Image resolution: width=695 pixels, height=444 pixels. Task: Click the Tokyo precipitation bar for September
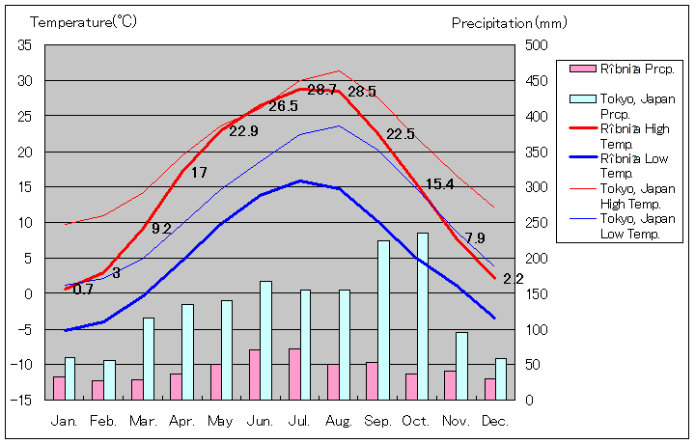(x=383, y=319)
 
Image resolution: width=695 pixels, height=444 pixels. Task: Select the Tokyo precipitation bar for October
(x=423, y=316)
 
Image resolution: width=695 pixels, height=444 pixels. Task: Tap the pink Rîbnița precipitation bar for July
(x=294, y=374)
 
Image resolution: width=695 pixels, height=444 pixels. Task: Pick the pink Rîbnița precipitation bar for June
(x=255, y=375)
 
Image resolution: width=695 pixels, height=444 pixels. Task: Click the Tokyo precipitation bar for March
(x=149, y=358)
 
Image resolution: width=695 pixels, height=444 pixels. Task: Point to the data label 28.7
(x=322, y=90)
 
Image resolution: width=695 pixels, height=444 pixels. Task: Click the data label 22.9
(x=243, y=131)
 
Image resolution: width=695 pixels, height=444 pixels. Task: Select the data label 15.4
(x=439, y=184)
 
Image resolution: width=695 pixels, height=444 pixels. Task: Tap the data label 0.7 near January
(x=83, y=289)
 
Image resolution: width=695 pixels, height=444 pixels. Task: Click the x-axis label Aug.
(x=339, y=421)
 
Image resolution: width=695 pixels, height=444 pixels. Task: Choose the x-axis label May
(x=220, y=421)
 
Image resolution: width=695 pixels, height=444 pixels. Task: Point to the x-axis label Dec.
(x=495, y=421)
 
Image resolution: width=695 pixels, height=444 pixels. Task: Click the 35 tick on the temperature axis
(x=25, y=45)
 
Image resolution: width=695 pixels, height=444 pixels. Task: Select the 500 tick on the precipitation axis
(x=537, y=45)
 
